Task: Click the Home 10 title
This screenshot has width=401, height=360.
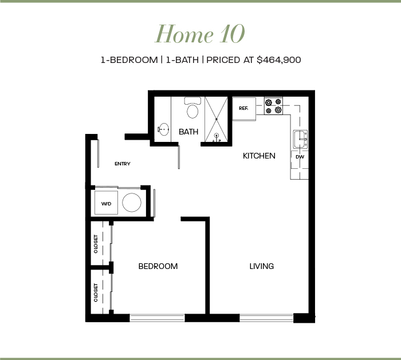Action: (x=200, y=34)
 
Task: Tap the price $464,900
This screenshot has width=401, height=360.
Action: (x=279, y=60)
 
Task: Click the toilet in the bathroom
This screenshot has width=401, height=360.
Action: (x=192, y=108)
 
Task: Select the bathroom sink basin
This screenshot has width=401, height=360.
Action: (x=163, y=129)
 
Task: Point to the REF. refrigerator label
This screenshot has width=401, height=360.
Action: (x=243, y=108)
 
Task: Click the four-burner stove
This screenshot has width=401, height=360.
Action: (x=273, y=106)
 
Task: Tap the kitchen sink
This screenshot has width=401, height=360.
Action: (x=300, y=139)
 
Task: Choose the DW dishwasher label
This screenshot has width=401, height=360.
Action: (x=300, y=157)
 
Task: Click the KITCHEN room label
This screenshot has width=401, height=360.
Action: (x=259, y=156)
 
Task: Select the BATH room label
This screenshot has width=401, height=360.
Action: (x=188, y=132)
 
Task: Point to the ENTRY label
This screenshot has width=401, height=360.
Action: (x=123, y=164)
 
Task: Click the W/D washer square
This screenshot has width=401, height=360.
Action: (x=107, y=203)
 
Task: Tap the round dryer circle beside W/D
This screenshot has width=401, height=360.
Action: (x=132, y=203)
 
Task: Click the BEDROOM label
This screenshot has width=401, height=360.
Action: (x=158, y=266)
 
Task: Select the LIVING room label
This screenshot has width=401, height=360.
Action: (x=262, y=266)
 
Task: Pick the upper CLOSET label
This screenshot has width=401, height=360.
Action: (x=96, y=244)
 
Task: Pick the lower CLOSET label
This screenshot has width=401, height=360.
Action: (x=96, y=292)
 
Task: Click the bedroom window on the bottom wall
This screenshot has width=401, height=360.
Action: (x=157, y=318)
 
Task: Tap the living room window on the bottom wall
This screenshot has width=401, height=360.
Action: (x=266, y=318)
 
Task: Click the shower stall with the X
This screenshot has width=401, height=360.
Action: (x=217, y=119)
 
